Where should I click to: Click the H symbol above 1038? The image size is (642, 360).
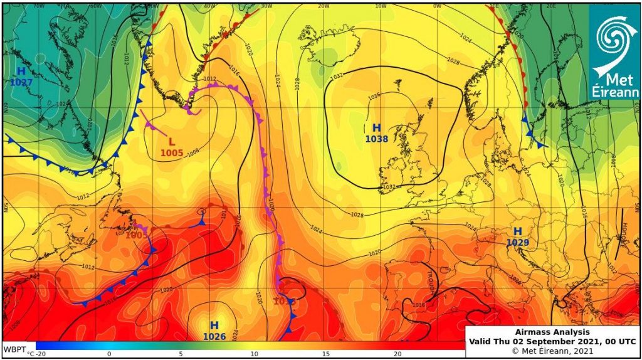(x=376, y=128)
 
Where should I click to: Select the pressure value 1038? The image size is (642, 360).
(x=376, y=139)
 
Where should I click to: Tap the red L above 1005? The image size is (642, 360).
(x=172, y=142)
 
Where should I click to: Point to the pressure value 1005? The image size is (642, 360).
(x=172, y=152)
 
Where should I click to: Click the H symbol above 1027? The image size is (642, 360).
(x=21, y=71)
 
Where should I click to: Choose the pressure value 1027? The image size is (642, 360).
(x=21, y=82)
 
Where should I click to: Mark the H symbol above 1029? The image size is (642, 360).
(x=518, y=231)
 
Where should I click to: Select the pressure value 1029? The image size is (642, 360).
(x=518, y=243)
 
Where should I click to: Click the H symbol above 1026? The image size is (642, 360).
(x=214, y=326)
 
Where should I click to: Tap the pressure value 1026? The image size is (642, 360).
(x=214, y=337)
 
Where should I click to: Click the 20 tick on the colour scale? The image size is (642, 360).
(x=397, y=354)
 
